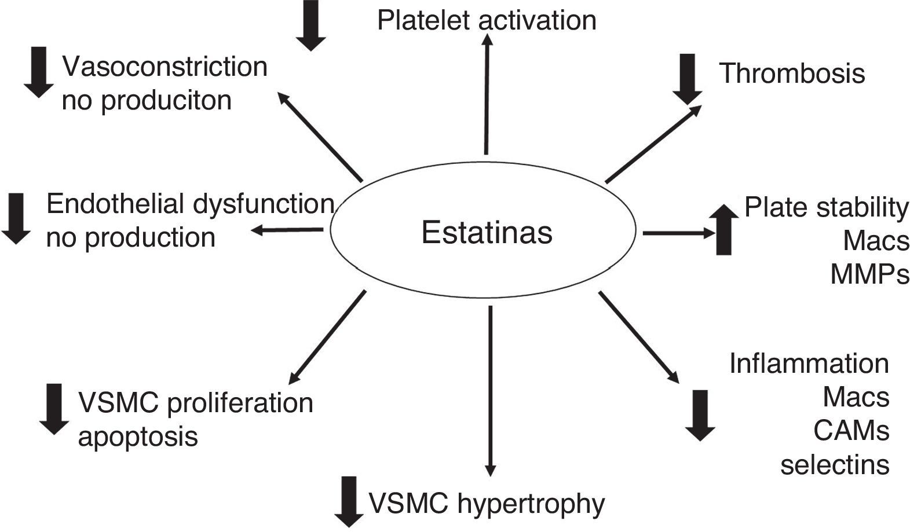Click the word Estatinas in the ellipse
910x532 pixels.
487,233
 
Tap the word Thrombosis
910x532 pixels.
792,74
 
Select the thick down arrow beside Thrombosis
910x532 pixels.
688,79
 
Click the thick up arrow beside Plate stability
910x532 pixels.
724,229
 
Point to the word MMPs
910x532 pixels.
869,274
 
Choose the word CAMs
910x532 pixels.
851,431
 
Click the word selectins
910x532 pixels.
835,464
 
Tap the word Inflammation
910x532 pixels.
809,364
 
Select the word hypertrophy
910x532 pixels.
531,504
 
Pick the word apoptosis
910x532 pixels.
138,436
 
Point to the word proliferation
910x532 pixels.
240,402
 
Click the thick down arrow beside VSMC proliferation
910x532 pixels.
54,409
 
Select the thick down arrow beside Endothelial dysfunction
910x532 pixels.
16,218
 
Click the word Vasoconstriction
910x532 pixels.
165,67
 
